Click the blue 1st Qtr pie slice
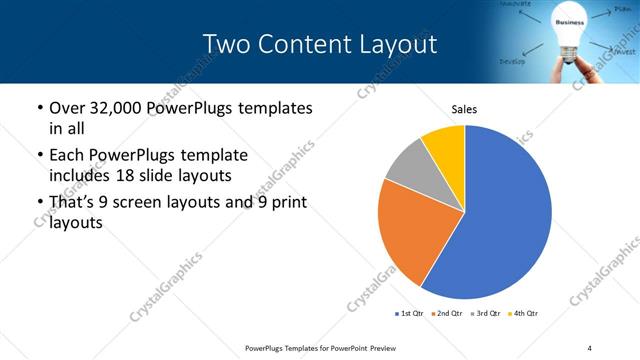[505, 215]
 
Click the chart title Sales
[464, 108]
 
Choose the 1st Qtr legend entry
[411, 314]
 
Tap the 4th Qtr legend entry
[524, 314]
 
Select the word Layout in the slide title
[399, 44]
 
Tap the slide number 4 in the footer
[589, 347]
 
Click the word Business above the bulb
[569, 21]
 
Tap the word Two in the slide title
[227, 44]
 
